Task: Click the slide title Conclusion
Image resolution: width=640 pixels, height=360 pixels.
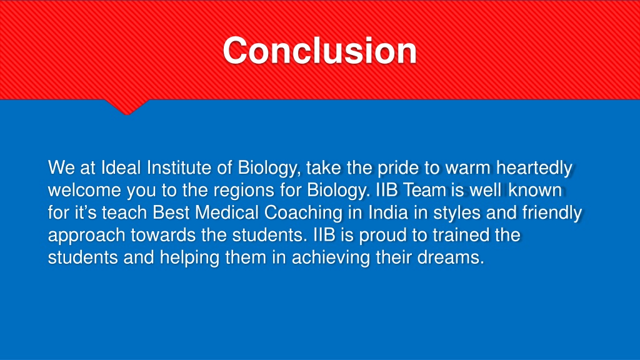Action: pos(319,51)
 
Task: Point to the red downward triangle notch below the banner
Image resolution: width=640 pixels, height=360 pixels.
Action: pos(126,106)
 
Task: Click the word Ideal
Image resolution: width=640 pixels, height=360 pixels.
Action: pos(121,167)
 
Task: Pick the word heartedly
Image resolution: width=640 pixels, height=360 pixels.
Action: pos(534,168)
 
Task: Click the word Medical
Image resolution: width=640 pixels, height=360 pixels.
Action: pos(227,212)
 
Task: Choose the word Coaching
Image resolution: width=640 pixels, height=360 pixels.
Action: pos(303,213)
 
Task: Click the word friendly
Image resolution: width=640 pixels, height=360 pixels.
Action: pos(552,213)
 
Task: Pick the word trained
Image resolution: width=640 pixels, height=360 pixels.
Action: pos(461,235)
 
